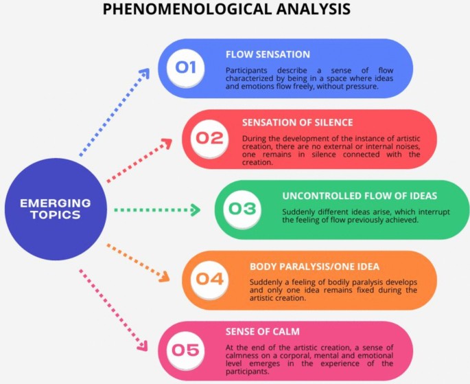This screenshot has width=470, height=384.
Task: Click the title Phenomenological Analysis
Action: click(x=226, y=10)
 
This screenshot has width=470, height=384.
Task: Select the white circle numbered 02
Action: click(x=209, y=138)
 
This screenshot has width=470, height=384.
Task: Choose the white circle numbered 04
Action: click(x=209, y=279)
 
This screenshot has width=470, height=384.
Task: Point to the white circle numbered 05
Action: click(x=185, y=350)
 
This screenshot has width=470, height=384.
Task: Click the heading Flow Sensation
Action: click(x=268, y=54)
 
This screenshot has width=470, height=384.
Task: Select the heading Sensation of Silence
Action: click(x=298, y=122)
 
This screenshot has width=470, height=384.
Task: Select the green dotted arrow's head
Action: click(x=198, y=210)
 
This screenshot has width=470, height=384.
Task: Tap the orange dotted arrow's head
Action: click(x=165, y=278)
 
